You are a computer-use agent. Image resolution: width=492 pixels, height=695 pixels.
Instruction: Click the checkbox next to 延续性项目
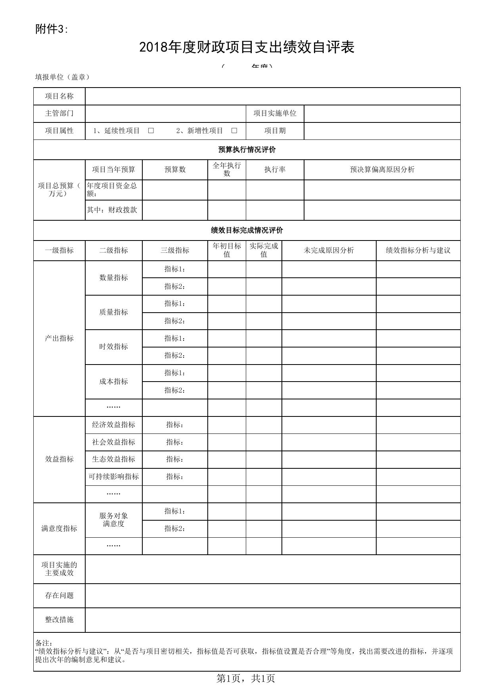[x=151, y=131]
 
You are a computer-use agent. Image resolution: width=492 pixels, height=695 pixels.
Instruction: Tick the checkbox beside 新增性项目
[x=234, y=131]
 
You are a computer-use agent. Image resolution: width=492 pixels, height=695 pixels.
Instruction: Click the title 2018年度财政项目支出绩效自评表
[x=247, y=48]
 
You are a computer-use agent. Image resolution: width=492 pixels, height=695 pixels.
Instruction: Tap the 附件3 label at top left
[x=52, y=29]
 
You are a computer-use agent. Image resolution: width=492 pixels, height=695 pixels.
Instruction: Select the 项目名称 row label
[x=59, y=96]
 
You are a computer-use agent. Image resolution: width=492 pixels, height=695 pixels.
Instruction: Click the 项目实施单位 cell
[x=275, y=113]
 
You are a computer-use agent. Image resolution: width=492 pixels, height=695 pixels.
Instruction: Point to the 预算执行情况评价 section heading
[x=247, y=150]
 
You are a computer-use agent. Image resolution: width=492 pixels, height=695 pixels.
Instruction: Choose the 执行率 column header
[x=275, y=170]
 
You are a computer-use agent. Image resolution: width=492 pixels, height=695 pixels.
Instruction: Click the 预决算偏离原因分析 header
[x=382, y=170]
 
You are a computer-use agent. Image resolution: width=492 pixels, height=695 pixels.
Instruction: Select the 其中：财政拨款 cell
[x=112, y=210]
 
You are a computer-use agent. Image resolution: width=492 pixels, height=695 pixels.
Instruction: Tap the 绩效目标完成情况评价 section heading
[x=247, y=231]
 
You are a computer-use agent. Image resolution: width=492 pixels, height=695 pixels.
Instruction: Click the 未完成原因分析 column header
[x=329, y=250]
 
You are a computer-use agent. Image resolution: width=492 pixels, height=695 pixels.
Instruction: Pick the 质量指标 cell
[x=114, y=312]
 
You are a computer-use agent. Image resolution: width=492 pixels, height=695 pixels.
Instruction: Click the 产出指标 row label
[x=59, y=338]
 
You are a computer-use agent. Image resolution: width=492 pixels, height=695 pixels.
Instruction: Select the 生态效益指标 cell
[x=114, y=459]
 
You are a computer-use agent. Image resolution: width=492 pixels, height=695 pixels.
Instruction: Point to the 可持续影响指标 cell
[x=114, y=477]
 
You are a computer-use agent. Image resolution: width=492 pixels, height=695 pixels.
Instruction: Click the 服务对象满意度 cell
[x=114, y=520]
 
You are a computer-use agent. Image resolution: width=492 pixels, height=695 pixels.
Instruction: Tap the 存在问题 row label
[x=59, y=596]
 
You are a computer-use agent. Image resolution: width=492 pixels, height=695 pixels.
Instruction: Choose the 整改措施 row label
[x=59, y=620]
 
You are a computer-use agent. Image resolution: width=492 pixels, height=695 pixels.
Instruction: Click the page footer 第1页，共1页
[x=246, y=678]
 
